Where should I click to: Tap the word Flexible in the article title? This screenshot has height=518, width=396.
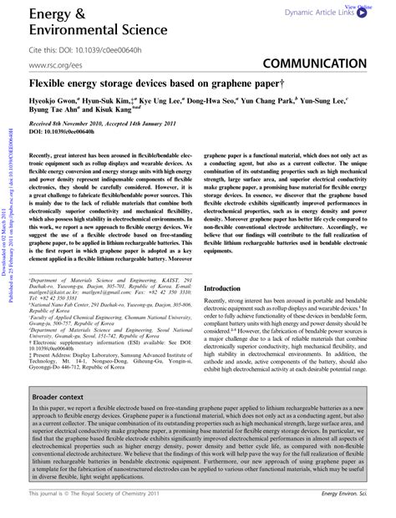coord(48,84)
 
